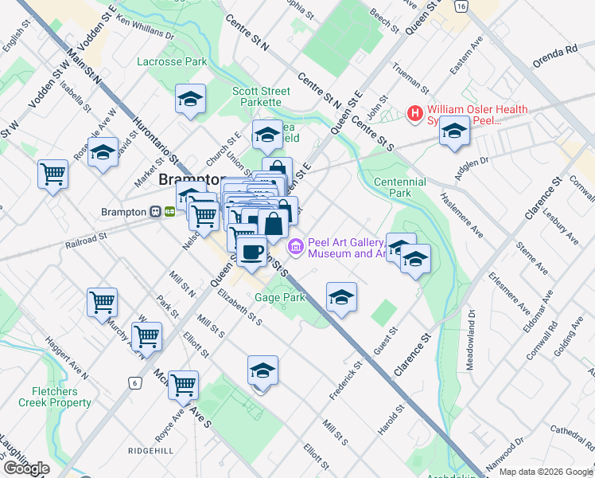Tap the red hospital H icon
pyautogui.click(x=414, y=114)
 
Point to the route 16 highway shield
pyautogui.click(x=460, y=6)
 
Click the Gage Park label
pyautogui.click(x=280, y=297)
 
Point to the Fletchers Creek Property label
pyautogui.click(x=61, y=397)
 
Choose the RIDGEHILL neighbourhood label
pyautogui.click(x=150, y=450)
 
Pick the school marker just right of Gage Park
pyautogui.click(x=341, y=297)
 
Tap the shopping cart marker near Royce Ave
pyautogui.click(x=184, y=385)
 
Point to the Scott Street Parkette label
pyautogui.click(x=256, y=96)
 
